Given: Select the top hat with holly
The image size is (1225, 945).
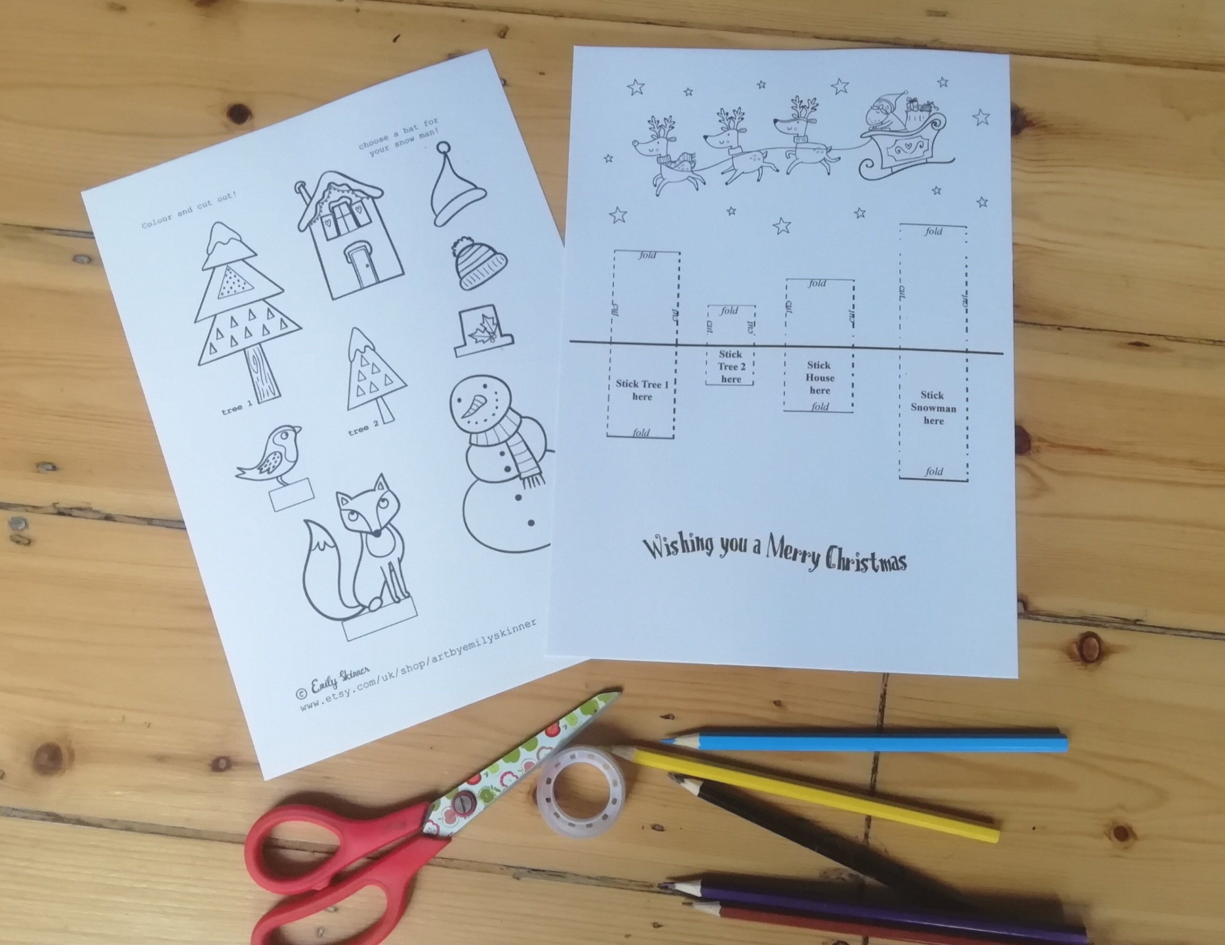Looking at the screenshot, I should (483, 331).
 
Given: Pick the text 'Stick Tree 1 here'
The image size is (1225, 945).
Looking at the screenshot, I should (642, 390).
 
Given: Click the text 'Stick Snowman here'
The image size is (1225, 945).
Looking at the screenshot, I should (933, 408).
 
